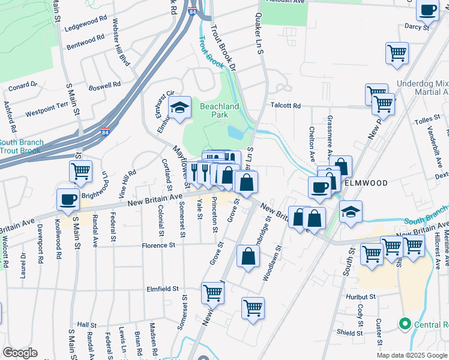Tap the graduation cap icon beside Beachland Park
[179, 108]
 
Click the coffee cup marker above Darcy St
[428, 10]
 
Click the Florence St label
[158, 245]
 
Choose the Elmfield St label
[163, 289]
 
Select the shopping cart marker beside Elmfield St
[213, 293]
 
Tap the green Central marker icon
[405, 325]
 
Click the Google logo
[20, 353]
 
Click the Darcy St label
[417, 27]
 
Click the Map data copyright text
[411, 355]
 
